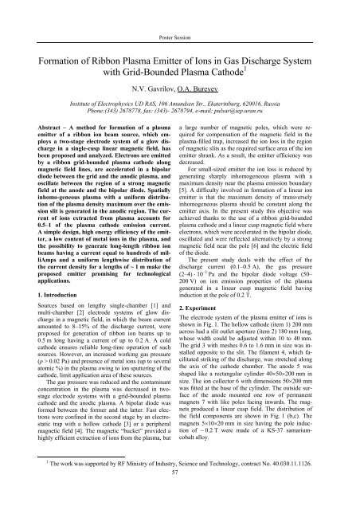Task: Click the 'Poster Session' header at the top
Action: pyautogui.click(x=180, y=15)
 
